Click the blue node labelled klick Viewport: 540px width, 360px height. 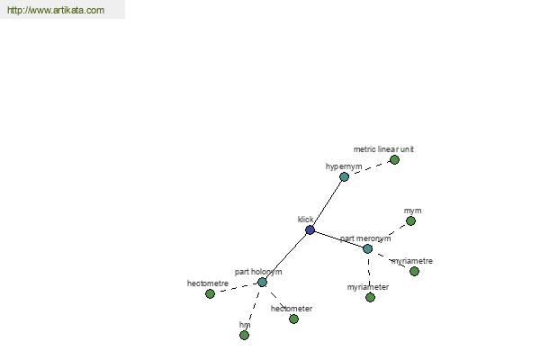(x=310, y=229)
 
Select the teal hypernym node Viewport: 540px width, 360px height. (x=344, y=176)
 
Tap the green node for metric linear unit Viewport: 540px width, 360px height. (x=394, y=159)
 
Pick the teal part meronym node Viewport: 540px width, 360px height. (x=367, y=248)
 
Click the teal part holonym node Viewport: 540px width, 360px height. (x=262, y=282)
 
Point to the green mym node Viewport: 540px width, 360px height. (x=410, y=220)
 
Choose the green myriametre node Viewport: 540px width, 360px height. (x=414, y=271)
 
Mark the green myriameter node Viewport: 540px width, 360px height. (x=370, y=297)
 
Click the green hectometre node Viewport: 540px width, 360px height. (x=210, y=293)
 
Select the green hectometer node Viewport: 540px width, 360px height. (x=293, y=319)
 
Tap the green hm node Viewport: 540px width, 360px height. (x=244, y=335)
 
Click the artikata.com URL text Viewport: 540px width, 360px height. (x=56, y=10)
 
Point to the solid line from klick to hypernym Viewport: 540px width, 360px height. (x=328, y=203)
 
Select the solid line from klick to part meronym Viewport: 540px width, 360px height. (x=338, y=239)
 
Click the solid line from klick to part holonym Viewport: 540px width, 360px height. (x=286, y=256)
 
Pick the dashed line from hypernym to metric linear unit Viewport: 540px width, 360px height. (x=369, y=168)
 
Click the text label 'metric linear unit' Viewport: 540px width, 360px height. (x=383, y=149)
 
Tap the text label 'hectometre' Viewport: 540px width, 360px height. (x=208, y=283)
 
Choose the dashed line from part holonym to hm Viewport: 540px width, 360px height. (x=253, y=309)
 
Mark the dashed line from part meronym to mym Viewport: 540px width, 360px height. (x=389, y=235)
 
